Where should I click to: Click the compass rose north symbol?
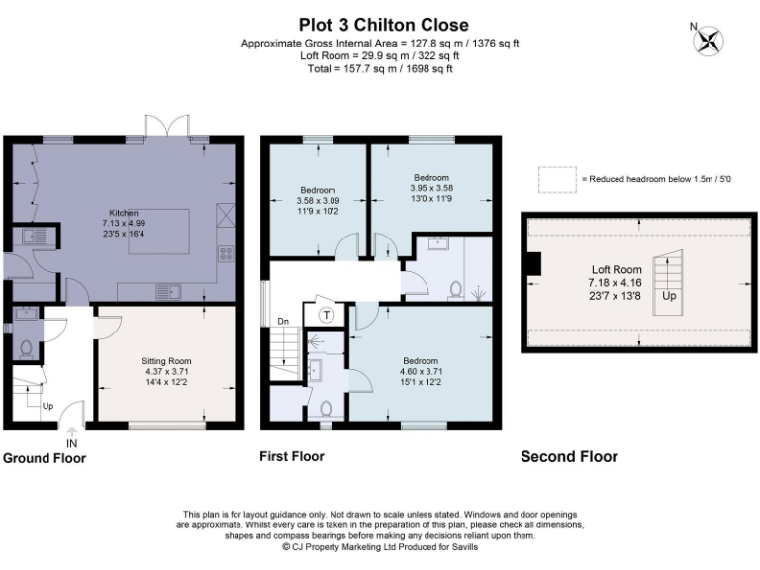click(708, 40)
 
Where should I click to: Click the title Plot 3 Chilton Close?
click(383, 25)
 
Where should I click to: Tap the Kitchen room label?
click(124, 213)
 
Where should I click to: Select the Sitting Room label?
click(166, 361)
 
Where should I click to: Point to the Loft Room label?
click(617, 269)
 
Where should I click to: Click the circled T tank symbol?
click(327, 316)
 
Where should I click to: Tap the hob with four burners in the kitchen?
click(226, 254)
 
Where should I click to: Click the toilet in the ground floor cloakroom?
click(26, 349)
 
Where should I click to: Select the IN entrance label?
click(71, 443)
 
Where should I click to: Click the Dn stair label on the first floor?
click(283, 321)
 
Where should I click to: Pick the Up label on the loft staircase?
click(669, 296)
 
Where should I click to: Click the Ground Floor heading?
click(45, 458)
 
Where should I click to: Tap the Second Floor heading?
click(570, 456)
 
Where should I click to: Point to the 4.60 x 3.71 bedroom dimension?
click(421, 372)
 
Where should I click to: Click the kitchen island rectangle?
click(158, 232)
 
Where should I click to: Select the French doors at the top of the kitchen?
click(167, 127)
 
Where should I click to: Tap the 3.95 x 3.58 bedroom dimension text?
click(431, 188)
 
